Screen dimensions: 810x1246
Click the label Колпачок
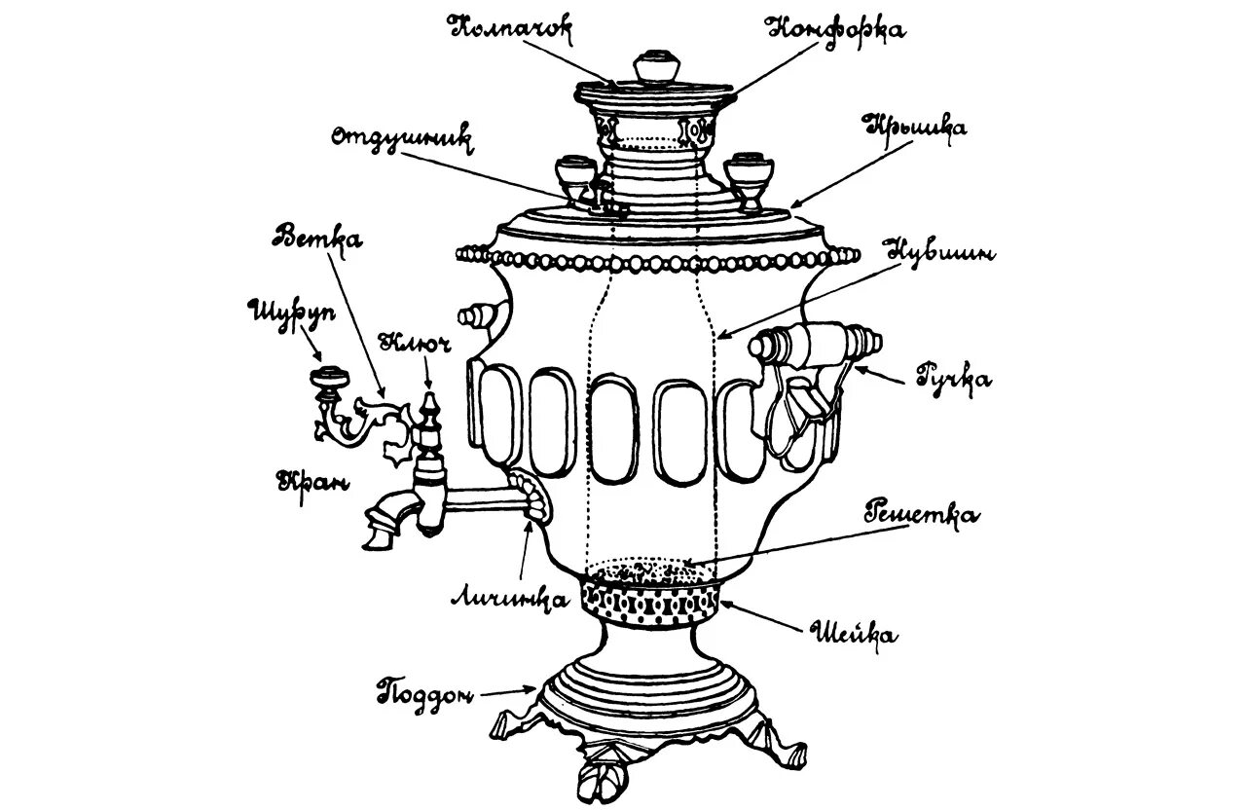(511, 26)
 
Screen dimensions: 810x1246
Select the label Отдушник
(401, 137)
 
